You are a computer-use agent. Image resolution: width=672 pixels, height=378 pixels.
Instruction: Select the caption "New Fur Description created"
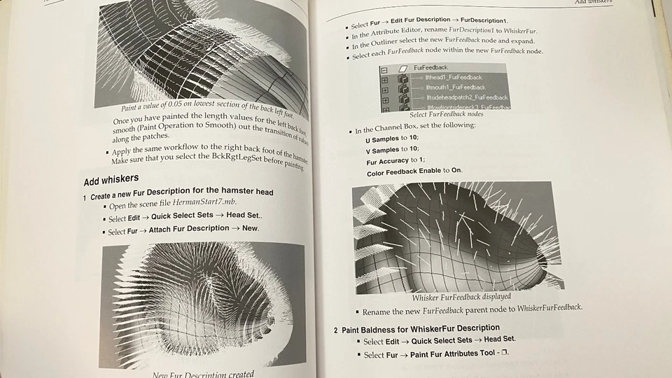(x=203, y=374)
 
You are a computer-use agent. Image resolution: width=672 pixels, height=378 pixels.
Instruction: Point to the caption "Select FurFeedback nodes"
(x=446, y=114)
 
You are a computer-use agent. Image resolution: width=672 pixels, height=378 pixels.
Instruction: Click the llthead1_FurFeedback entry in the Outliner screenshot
(x=454, y=77)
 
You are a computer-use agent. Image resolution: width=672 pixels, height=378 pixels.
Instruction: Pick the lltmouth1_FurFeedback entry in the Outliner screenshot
(x=455, y=87)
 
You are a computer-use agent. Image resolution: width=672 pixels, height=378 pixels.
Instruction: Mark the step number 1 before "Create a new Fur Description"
(x=85, y=197)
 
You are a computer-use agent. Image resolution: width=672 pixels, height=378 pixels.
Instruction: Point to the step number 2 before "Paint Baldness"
(x=335, y=329)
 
